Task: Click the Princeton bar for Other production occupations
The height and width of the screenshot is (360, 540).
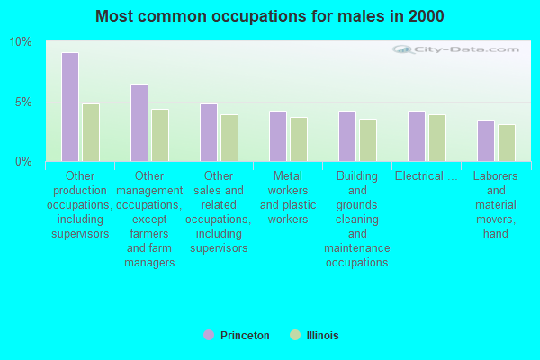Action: pyautogui.click(x=70, y=107)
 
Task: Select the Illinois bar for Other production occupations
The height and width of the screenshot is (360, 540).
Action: pyautogui.click(x=91, y=132)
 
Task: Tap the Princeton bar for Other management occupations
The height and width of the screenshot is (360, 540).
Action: pyautogui.click(x=139, y=122)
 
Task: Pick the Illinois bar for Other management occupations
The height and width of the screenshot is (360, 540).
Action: pyautogui.click(x=160, y=135)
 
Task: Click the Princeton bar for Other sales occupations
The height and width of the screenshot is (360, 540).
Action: pyautogui.click(x=209, y=132)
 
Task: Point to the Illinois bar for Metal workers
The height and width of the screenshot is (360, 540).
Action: pyautogui.click(x=299, y=139)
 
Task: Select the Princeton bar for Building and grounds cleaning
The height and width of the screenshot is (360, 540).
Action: pyautogui.click(x=347, y=136)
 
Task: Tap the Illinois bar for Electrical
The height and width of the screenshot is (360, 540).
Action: pyautogui.click(x=437, y=138)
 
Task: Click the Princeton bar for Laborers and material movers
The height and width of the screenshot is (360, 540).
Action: pyautogui.click(x=486, y=140)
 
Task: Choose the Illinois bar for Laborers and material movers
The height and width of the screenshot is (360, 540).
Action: pyautogui.click(x=507, y=143)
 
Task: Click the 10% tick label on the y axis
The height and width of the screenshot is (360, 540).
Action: pyautogui.click(x=21, y=42)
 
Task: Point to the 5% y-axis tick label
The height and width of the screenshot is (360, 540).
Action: pyautogui.click(x=23, y=102)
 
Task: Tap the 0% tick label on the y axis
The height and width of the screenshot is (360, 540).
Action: pyautogui.click(x=23, y=161)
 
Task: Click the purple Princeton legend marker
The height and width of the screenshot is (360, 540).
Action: pyautogui.click(x=209, y=335)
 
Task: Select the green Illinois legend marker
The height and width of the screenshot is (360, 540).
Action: pyautogui.click(x=294, y=335)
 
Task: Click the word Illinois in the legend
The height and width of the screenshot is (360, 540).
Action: pyautogui.click(x=321, y=336)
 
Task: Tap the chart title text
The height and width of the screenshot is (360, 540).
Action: pyautogui.click(x=270, y=16)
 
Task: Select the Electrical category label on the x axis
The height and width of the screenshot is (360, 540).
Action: pyautogui.click(x=426, y=176)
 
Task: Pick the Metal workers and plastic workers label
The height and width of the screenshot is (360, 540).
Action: pyautogui.click(x=288, y=198)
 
